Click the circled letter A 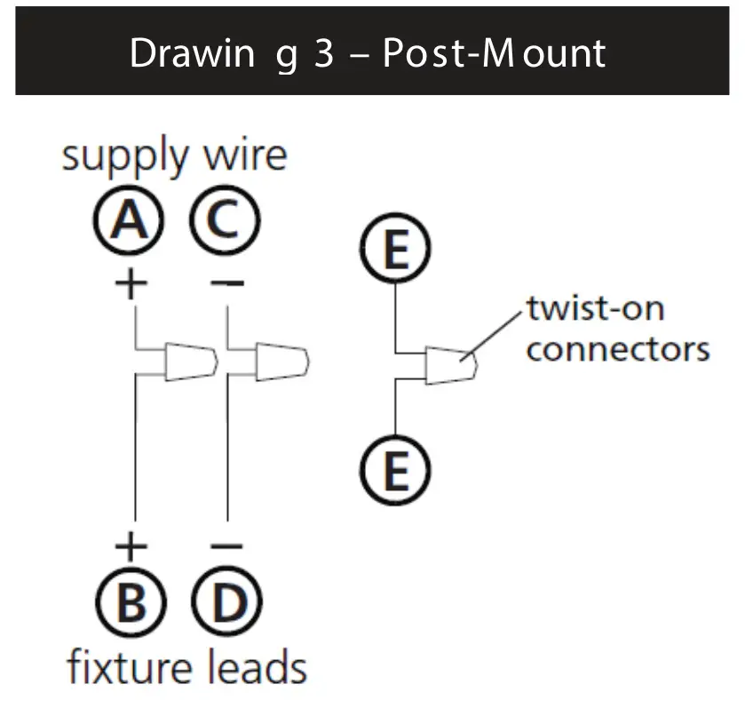coord(131,221)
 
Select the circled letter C coord(226,221)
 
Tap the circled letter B coord(131,606)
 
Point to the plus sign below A coord(131,284)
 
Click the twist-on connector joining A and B coord(190,361)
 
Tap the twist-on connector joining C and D coord(282,361)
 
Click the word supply coord(125,158)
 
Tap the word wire coord(245,156)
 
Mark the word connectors coord(618,348)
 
